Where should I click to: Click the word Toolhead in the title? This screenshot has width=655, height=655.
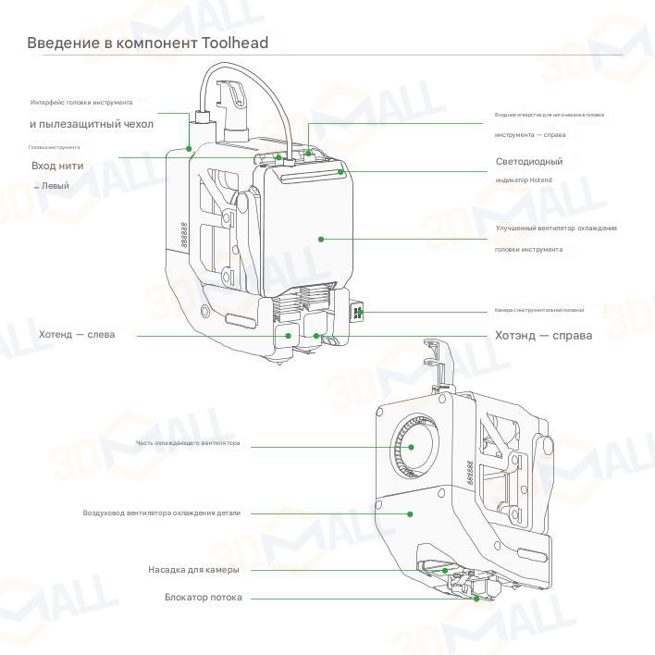coord(236,43)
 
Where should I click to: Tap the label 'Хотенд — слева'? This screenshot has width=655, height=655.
coord(77,334)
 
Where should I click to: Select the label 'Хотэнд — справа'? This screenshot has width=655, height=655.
coord(543,335)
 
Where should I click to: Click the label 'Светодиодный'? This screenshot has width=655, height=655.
coord(529,161)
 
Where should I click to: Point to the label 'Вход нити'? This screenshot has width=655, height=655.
coord(57,166)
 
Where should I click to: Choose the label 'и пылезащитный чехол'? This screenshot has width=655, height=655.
coord(92,123)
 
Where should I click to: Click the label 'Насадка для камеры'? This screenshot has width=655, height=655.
coord(193,569)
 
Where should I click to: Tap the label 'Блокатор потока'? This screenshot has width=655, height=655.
coord(203,598)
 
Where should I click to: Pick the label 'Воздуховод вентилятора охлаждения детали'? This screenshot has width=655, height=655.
coord(161,513)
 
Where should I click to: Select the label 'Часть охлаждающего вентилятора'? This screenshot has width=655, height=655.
coord(188,443)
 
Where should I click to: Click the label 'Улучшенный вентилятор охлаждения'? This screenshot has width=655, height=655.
coord(555,228)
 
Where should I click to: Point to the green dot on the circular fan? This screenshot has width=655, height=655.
coord(406,446)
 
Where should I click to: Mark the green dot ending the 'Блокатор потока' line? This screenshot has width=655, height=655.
coord(477,599)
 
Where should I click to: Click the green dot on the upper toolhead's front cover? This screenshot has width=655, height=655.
coord(321,239)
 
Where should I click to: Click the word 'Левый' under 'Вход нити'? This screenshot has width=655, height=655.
coord(54,185)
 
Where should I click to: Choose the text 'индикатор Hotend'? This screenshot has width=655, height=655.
coord(524,179)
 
